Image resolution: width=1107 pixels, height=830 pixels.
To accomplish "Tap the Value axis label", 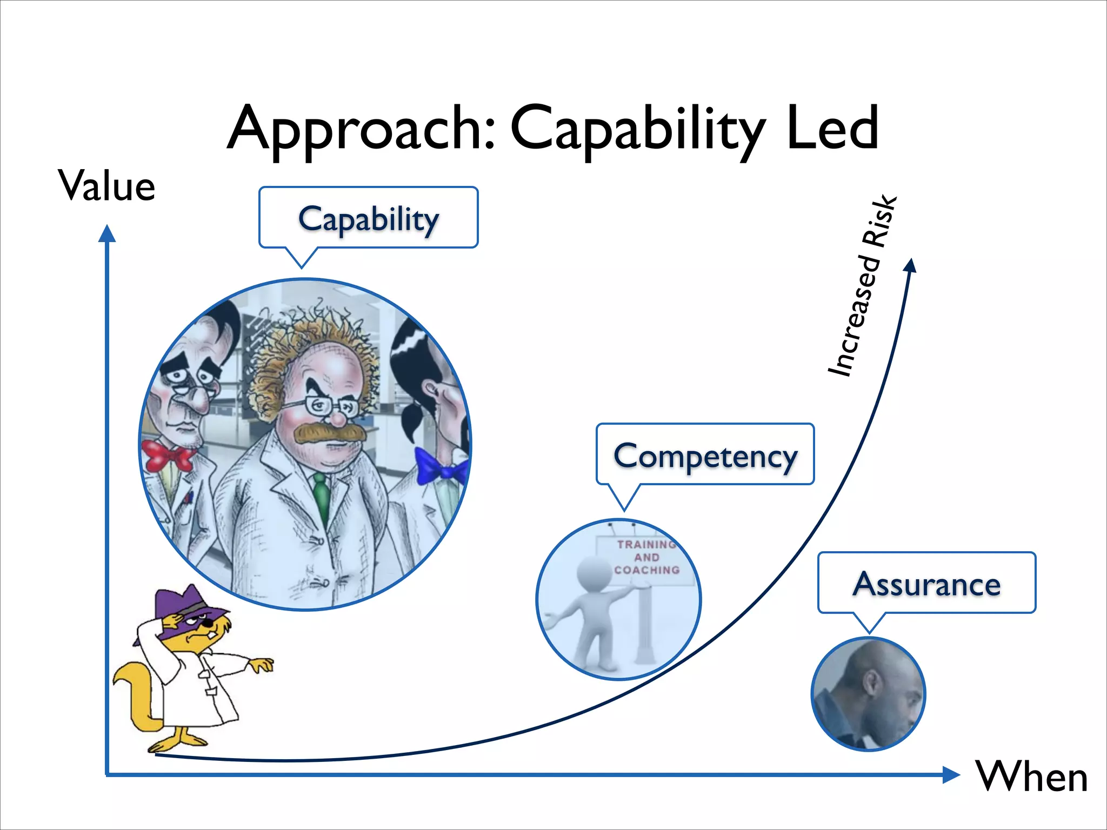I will point(107,186).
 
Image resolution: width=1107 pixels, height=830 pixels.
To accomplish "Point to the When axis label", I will point(1031,777).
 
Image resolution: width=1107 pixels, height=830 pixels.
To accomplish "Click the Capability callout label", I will point(369,219).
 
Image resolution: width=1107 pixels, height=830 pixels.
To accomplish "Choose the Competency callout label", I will point(705,456).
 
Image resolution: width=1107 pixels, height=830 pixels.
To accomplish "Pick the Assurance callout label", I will point(926,584).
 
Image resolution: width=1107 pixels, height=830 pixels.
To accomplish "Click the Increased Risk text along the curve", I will point(863,286).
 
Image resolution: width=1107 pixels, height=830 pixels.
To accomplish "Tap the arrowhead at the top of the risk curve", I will point(911,265).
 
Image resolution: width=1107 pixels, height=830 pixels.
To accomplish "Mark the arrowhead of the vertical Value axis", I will point(107,233).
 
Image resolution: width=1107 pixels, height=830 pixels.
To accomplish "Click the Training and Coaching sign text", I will point(646,557).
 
